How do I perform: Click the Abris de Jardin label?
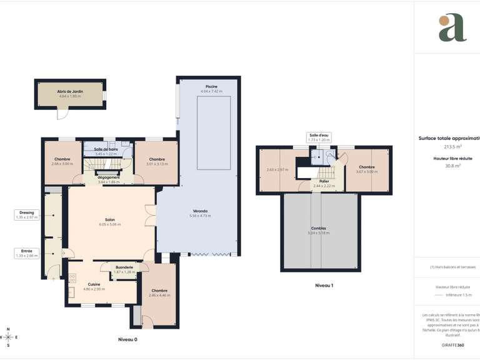[71, 91]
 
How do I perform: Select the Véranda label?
[199, 211]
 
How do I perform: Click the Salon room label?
[110, 221]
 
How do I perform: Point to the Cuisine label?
[94, 284]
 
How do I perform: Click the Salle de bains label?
[106, 150]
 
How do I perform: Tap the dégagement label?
[109, 177]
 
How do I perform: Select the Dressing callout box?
[27, 214]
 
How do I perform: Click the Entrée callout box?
[27, 253]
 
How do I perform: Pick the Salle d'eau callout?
[318, 137]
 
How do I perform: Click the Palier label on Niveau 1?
[324, 181]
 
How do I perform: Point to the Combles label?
[318, 229]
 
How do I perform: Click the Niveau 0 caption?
[127, 339]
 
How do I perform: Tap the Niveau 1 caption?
[324, 286]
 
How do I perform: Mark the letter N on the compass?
[7, 329]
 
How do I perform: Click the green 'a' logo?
[452, 28]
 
